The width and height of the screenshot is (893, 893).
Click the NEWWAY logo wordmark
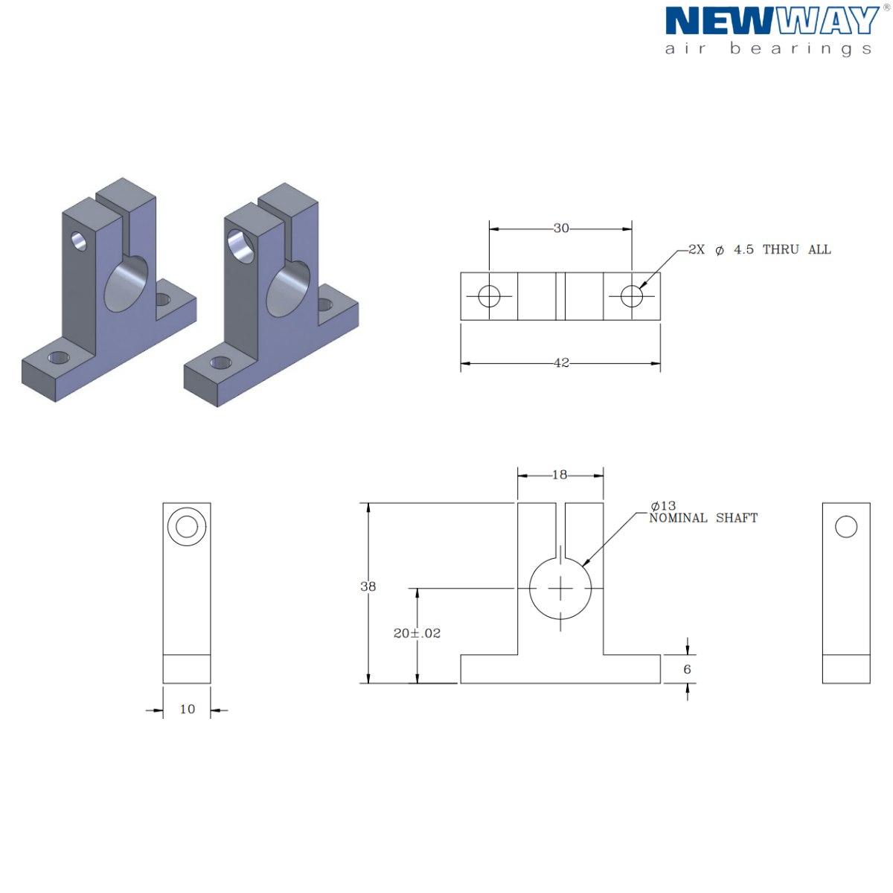coord(772,22)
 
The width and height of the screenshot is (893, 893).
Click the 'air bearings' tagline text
coord(768,49)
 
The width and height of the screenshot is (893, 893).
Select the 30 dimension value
coord(561,228)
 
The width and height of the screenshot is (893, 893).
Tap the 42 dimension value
coord(561,363)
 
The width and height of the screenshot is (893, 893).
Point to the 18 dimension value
coord(560,475)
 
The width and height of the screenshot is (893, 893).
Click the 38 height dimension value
coord(368,586)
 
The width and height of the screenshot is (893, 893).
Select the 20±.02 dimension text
coord(417,633)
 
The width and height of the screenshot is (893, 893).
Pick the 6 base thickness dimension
coord(687,670)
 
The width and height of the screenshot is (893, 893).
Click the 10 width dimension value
coord(188,709)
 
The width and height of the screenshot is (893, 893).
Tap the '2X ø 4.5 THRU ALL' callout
coord(759,250)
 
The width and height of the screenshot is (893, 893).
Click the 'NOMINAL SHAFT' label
coord(703,519)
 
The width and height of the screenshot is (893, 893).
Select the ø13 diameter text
coord(663,506)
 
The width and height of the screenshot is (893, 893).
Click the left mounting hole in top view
coord(489,296)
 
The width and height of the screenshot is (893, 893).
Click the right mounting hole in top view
coord(632,296)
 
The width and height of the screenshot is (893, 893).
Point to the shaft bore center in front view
coord(560,589)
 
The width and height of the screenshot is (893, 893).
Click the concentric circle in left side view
coord(187,527)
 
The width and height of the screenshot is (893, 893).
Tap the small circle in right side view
coord(846,527)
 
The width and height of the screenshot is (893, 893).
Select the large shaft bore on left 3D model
coord(127,284)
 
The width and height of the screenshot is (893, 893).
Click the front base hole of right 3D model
coord(220,363)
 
